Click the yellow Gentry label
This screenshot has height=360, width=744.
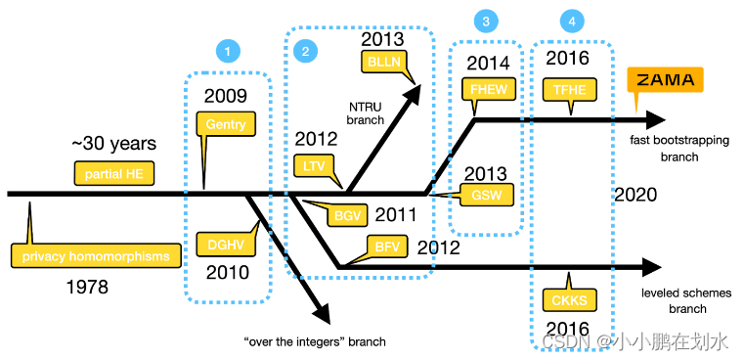227,124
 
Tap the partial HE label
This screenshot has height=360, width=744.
109,173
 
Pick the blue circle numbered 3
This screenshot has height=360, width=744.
486,21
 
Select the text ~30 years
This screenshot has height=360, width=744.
113,144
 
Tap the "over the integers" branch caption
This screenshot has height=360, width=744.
314,341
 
